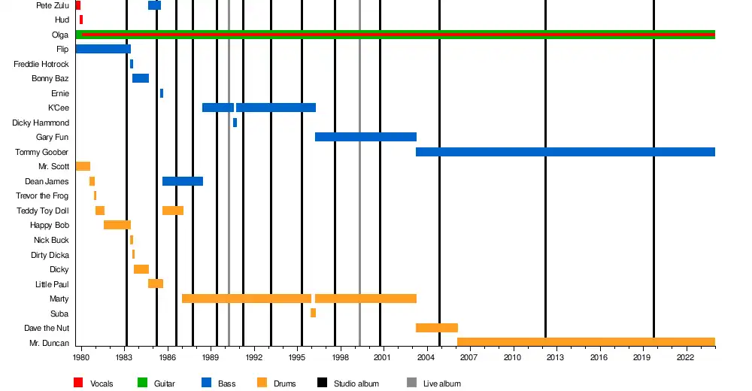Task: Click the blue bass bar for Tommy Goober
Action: point(564,152)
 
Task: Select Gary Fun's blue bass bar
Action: point(365,137)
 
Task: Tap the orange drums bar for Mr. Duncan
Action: point(585,342)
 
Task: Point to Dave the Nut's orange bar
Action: point(436,328)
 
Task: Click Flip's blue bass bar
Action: point(103,49)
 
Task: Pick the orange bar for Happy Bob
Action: point(117,225)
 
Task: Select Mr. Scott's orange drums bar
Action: point(83,166)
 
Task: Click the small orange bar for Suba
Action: point(313,313)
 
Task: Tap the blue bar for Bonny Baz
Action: point(141,78)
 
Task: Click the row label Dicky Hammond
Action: point(41,123)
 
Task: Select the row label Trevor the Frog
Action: point(42,195)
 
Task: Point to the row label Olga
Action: point(60,35)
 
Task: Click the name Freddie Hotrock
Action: point(41,64)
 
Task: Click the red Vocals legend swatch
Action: point(78,383)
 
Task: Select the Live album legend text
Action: point(441,383)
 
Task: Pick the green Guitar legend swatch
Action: point(142,383)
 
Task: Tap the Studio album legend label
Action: point(356,383)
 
